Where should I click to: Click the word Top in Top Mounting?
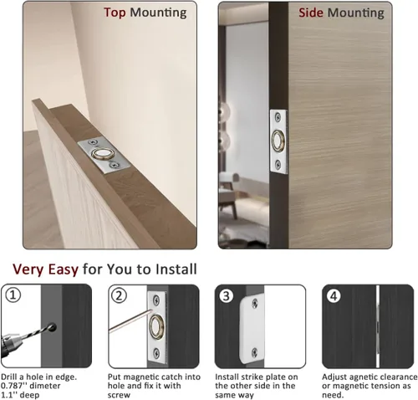(115, 13)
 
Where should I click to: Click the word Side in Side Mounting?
(311, 13)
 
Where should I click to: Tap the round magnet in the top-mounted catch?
(100, 154)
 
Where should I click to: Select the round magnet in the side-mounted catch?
(278, 141)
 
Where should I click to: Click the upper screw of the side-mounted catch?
(278, 117)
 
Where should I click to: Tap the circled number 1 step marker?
(13, 295)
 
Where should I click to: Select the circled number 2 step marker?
(119, 295)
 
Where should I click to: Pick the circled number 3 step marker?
(226, 296)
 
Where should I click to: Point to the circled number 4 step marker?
(334, 296)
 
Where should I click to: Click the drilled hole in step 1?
(52, 327)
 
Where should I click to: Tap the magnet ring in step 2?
(156, 327)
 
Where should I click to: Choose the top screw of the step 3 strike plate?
(255, 304)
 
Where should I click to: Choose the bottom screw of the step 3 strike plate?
(254, 352)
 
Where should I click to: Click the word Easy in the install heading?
(64, 269)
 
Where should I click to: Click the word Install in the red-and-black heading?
(176, 269)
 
